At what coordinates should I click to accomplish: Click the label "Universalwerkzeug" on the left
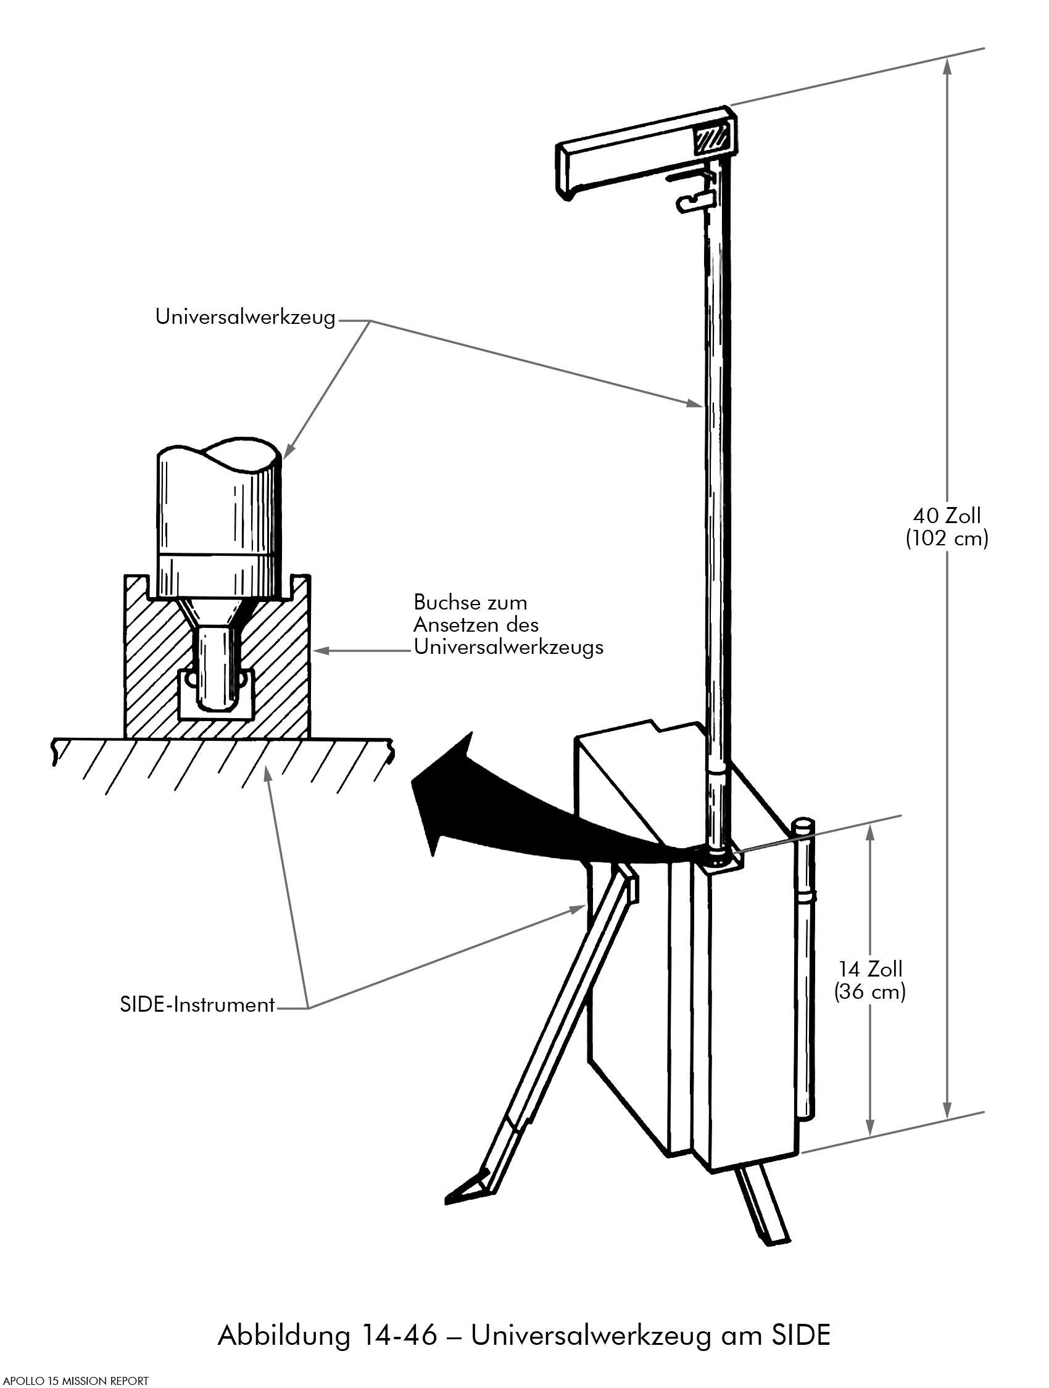tap(245, 318)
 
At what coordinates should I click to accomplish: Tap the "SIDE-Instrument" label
tap(197, 1005)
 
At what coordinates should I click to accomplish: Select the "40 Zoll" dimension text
tap(947, 516)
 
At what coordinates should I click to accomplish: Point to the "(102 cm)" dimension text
tap(947, 539)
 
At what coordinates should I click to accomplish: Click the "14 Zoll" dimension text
tap(870, 969)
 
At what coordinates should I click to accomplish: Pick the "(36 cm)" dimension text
tap(870, 991)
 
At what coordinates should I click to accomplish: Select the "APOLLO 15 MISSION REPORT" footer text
tap(75, 1381)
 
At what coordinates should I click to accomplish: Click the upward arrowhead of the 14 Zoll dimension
tap(870, 832)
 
